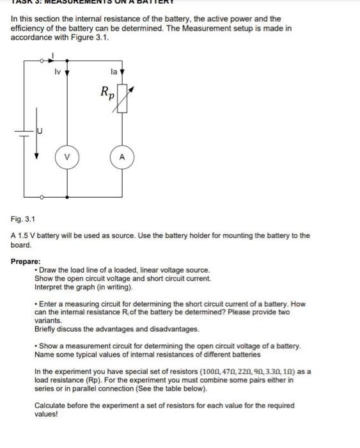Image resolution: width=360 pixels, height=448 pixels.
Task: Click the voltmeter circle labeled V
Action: point(67,157)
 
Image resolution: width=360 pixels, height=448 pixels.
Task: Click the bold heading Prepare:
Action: point(26,261)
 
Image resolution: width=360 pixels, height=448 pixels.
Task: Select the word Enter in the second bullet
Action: point(49,303)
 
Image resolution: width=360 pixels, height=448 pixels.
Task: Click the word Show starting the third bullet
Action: point(49,346)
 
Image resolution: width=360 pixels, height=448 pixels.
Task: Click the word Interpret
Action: point(51,287)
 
